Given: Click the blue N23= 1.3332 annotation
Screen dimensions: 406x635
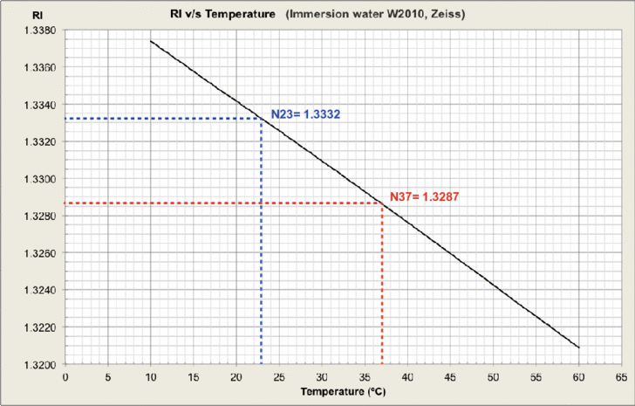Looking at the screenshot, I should click(x=304, y=114).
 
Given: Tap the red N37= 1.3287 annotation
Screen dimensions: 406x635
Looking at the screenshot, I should click(x=423, y=197).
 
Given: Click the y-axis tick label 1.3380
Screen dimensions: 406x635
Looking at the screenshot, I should click(x=38, y=31).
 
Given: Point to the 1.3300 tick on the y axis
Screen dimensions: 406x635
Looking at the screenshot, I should click(x=38, y=179).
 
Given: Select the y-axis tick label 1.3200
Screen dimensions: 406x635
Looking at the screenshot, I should click(x=38, y=364).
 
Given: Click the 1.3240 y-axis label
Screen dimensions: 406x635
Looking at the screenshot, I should click(x=38, y=291).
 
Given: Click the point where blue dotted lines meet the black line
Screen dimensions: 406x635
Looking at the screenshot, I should click(x=262, y=118).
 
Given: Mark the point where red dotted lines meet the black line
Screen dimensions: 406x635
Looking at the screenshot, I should click(x=381, y=203).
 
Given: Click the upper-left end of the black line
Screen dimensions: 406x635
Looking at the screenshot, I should click(x=150, y=41).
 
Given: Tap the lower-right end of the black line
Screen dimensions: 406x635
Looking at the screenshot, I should click(x=578, y=348).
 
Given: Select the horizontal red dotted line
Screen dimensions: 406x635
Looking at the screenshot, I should click(x=218, y=203).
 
